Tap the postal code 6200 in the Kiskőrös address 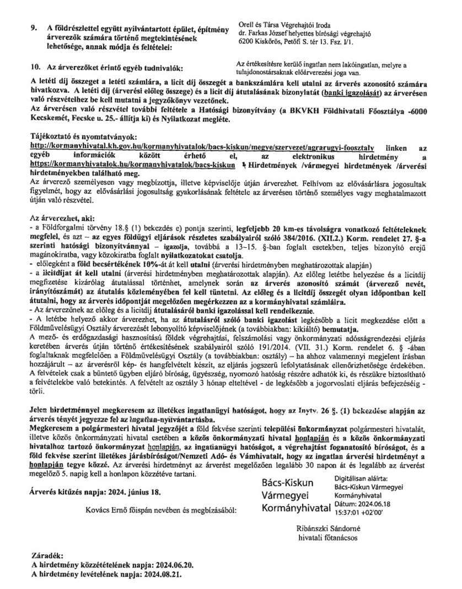click(246, 41)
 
